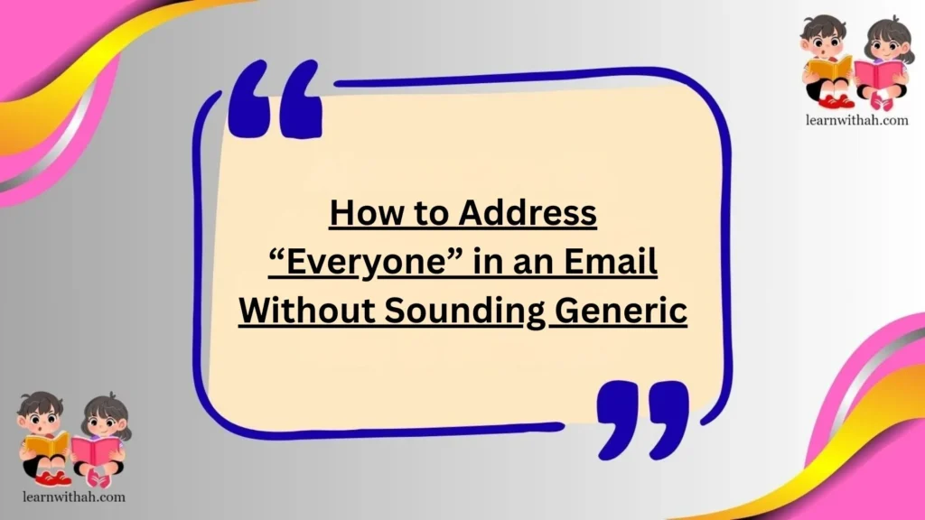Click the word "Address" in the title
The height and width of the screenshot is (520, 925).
(528, 215)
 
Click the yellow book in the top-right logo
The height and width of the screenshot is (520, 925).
(827, 68)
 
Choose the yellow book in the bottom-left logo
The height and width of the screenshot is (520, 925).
(46, 443)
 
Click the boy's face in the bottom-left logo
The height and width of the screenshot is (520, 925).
(41, 414)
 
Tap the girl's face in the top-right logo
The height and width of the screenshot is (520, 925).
(882, 41)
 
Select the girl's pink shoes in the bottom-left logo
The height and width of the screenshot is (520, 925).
(98, 478)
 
